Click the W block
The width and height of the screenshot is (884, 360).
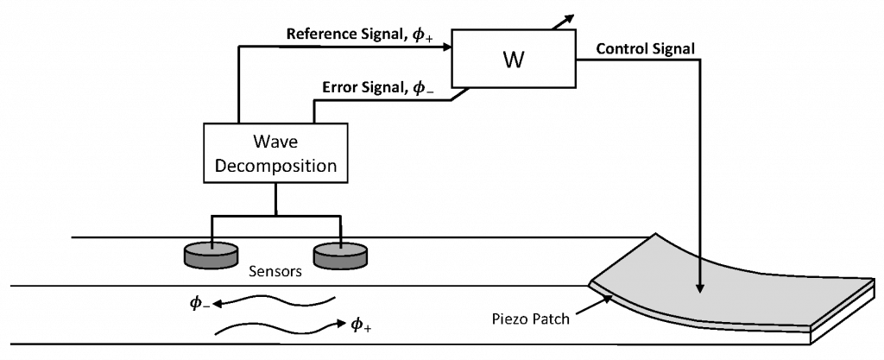coord(513,60)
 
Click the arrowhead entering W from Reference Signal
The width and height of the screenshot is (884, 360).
coord(448,49)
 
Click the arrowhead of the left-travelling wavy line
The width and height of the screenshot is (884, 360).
coord(218,304)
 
